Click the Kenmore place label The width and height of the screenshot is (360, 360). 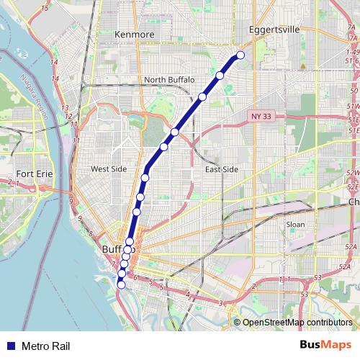pos(135,34)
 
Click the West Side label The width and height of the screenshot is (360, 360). pos(109,169)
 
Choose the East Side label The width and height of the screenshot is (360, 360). pos(221,169)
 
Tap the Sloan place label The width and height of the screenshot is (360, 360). pos(295,225)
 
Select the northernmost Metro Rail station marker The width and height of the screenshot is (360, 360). pos(240,55)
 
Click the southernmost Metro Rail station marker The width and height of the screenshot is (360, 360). pos(121,284)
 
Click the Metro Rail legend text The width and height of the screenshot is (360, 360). pos(45,346)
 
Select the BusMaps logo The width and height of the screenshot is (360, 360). pos(325,345)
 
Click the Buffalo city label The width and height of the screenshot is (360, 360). pos(115,249)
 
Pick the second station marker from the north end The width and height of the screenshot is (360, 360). pos(220,75)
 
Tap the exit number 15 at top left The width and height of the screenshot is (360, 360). pos(45,8)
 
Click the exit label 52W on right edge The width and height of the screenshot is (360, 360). pos(352,174)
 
